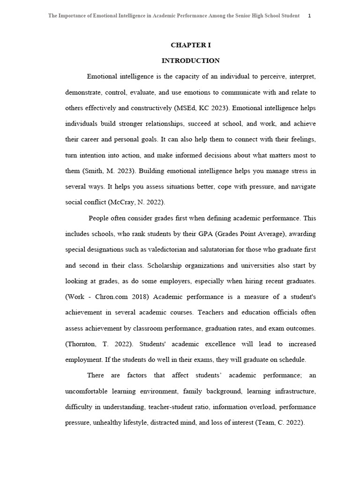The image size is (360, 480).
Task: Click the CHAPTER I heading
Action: pos(190,45)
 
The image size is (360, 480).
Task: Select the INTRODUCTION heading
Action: pos(190,60)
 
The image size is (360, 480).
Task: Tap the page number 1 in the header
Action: pos(309,15)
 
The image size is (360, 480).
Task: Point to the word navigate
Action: pos(302,187)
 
